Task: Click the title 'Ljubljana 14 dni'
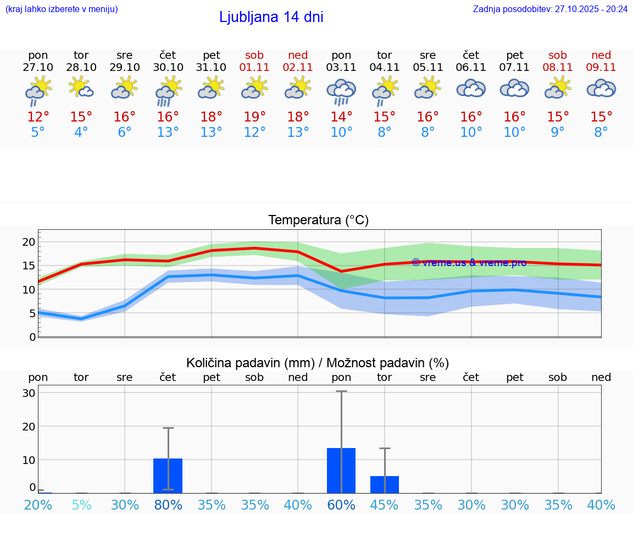coord(271,17)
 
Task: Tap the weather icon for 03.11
coord(341,91)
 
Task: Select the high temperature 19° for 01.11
coord(255,117)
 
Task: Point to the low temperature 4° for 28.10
coord(81,132)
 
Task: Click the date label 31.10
coord(211,67)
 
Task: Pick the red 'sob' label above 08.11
coord(558,55)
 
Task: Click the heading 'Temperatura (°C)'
coord(318,220)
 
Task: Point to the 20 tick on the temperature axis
coord(29,242)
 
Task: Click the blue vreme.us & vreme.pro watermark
coord(469,262)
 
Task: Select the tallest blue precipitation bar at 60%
coord(341,471)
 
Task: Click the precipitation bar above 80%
coord(168,476)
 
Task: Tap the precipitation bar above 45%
coord(385,484)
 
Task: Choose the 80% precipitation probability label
coord(168,505)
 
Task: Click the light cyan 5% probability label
coord(81,505)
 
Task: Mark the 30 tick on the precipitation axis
coord(29,393)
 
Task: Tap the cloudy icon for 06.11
coord(471,89)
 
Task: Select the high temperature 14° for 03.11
coord(341,117)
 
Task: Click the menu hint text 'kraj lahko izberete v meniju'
coord(61,9)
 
